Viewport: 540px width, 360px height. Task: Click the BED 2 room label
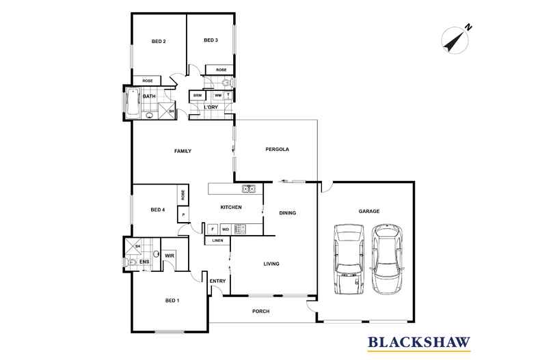159,42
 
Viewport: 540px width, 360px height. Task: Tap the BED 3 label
211,41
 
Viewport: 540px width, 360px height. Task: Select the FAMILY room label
183,151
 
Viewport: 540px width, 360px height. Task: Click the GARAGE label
369,211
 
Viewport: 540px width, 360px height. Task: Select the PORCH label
260,311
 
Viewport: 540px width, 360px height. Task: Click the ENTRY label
217,281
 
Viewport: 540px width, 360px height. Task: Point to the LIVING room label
271,264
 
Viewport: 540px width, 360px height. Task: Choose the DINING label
288,213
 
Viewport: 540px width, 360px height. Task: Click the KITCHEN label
230,207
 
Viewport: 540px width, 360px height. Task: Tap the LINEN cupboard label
217,240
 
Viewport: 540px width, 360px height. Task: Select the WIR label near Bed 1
170,255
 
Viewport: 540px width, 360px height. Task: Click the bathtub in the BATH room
132,104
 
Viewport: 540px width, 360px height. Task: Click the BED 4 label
158,210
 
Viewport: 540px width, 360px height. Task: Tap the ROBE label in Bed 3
221,70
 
